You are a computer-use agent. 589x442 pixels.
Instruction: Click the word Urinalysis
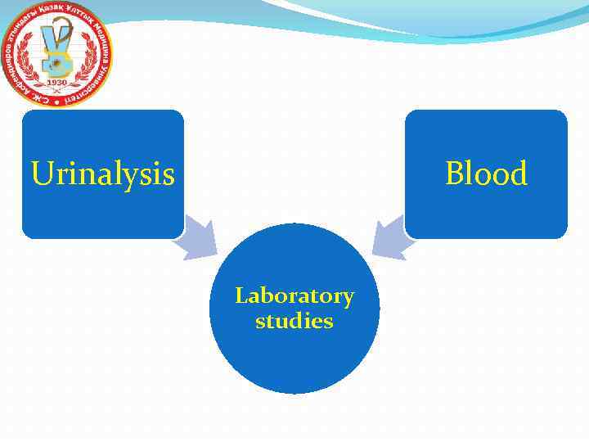click(102, 174)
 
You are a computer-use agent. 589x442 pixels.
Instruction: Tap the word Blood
click(486, 174)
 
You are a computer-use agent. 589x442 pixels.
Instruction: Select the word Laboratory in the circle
click(294, 295)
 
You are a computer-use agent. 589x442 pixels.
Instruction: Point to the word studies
click(294, 321)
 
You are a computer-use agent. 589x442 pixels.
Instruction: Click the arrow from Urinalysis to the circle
click(200, 238)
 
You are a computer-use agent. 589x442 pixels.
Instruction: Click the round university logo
click(57, 53)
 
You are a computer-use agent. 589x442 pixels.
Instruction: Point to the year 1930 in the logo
click(56, 83)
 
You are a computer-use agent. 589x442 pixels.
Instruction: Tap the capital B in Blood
click(455, 174)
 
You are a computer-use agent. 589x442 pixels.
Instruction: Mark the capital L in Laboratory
click(242, 295)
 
